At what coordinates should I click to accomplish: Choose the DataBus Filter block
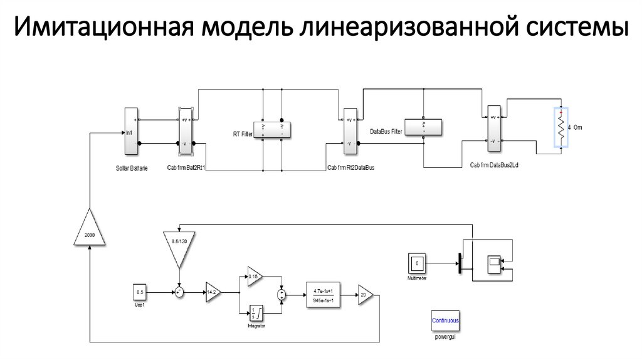coord(423,126)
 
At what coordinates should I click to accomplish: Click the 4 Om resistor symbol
coord(561,127)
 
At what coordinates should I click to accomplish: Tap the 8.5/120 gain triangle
coord(179,245)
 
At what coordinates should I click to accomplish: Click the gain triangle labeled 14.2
coord(213,292)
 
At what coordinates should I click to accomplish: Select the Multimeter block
coord(418,263)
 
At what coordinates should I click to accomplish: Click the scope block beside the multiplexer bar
coord(493,262)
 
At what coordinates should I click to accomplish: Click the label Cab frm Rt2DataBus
coord(350,167)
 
